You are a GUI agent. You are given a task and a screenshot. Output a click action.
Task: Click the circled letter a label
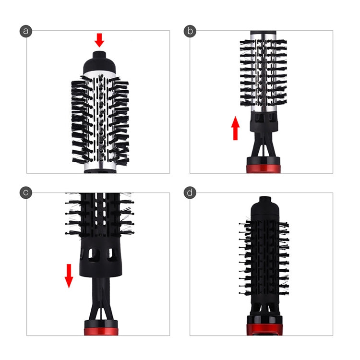[26, 31]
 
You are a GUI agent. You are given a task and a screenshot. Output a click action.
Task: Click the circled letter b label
[191, 31]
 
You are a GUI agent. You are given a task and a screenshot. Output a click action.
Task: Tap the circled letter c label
[26, 193]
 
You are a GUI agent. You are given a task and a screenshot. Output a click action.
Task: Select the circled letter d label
[191, 193]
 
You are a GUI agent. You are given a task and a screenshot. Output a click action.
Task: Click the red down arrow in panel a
[99, 40]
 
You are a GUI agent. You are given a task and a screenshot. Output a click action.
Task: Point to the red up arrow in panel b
[235, 129]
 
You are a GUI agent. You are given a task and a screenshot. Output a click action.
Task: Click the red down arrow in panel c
[69, 275]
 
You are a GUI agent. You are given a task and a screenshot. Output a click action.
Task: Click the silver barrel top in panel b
[263, 36]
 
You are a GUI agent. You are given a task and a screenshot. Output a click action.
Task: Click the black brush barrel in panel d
[263, 259]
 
